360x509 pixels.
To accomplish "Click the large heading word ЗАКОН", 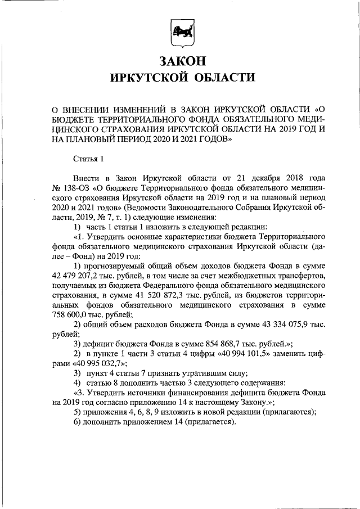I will click(180, 60).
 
